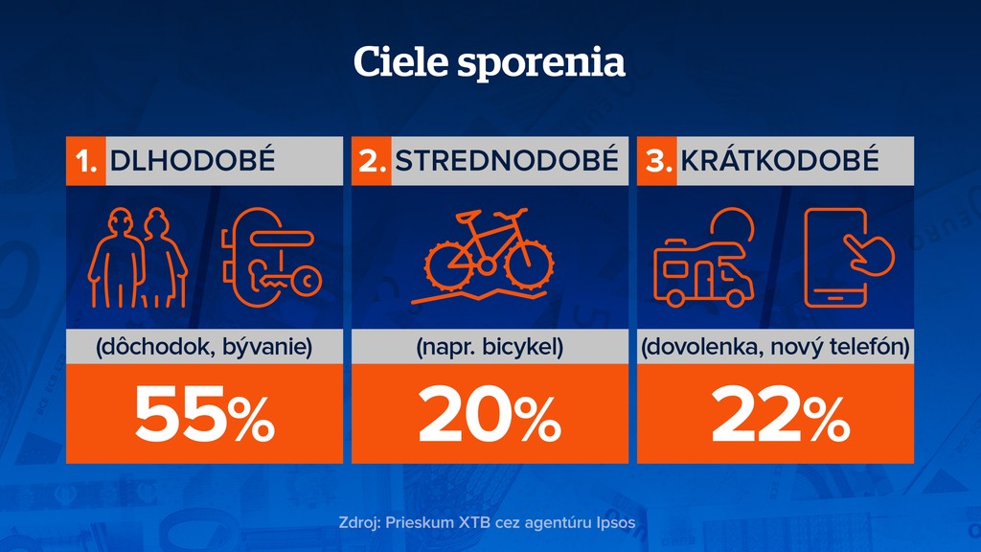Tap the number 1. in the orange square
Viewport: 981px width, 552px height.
(86, 161)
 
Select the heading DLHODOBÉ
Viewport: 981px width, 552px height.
(193, 161)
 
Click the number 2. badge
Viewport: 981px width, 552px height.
(372, 161)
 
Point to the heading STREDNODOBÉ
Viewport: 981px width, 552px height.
(507, 161)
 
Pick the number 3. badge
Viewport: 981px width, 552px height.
(658, 161)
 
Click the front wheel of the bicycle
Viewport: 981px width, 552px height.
(530, 262)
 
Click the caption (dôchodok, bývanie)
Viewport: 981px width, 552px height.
(204, 347)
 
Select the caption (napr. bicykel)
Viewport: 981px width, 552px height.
(490, 347)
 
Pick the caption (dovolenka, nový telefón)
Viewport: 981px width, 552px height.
(775, 347)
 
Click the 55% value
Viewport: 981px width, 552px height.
(204, 414)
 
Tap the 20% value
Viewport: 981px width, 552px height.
(490, 414)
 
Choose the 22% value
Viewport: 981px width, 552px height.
(775, 414)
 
